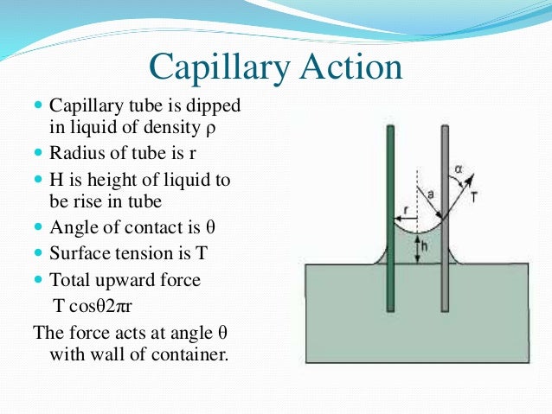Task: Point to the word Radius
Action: [76, 155]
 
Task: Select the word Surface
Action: [79, 256]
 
